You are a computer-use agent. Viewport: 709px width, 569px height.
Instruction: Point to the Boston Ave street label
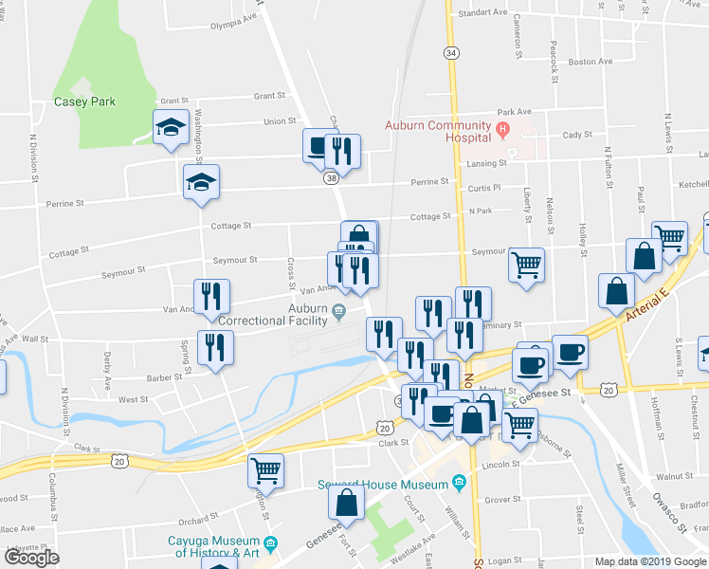(590, 62)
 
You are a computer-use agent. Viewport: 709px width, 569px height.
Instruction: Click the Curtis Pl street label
(483, 188)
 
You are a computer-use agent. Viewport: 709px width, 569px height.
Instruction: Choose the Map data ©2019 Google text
(651, 561)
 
